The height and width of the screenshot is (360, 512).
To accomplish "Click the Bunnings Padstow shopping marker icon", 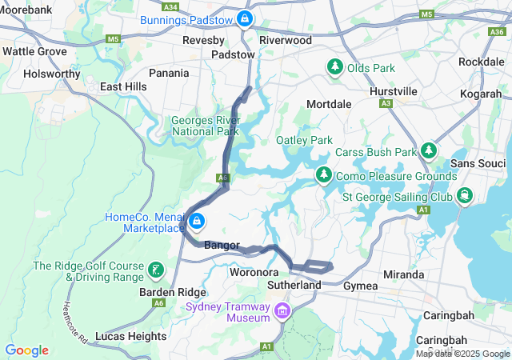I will (245, 18).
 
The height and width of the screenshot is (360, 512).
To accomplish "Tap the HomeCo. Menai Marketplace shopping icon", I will (195, 221).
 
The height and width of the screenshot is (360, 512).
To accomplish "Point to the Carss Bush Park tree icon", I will (430, 151).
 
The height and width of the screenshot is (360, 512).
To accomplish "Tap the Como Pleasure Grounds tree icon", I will (324, 174).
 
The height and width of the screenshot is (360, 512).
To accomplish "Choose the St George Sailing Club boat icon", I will (465, 196).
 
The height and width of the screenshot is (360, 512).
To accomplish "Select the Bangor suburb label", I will (222, 245).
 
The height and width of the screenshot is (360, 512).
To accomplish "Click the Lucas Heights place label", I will (130, 336).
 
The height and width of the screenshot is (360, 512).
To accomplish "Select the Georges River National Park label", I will (206, 126).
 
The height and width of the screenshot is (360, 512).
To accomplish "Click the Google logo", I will (26, 350).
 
